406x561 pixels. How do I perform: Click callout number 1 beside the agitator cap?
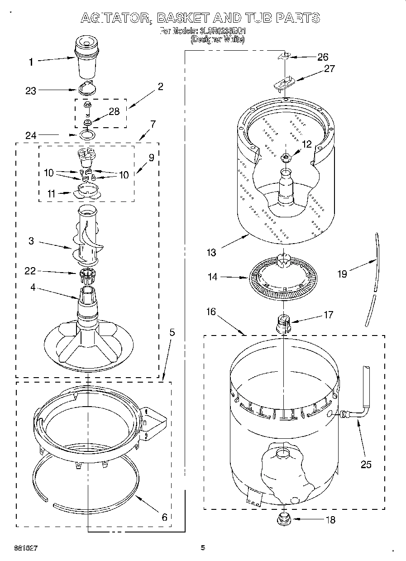[x=31, y=62]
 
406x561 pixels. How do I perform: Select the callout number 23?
[x=31, y=91]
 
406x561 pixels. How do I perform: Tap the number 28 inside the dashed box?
[x=114, y=111]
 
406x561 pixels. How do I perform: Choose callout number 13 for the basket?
[x=211, y=253]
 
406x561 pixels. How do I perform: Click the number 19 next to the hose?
[x=343, y=274]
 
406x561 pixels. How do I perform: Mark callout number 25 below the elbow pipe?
[x=366, y=464]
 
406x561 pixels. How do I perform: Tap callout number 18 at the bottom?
[x=331, y=520]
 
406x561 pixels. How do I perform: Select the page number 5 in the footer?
[x=203, y=547]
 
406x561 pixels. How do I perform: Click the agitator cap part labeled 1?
[x=87, y=56]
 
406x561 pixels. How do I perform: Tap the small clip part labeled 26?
[x=283, y=56]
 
